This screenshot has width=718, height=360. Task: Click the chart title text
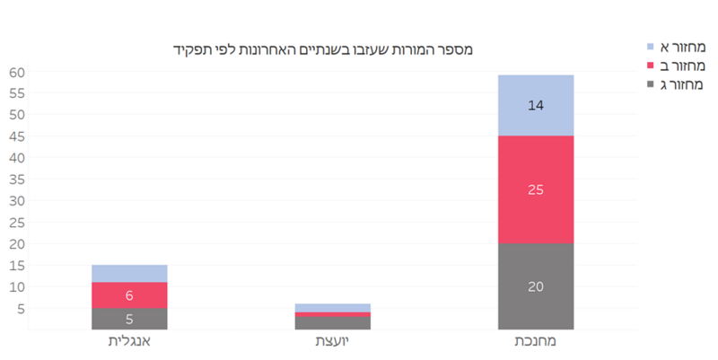coord(323,48)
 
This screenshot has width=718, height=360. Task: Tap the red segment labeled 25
coord(536,189)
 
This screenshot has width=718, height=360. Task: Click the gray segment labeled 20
coord(536,286)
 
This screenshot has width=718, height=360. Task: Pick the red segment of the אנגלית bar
coord(129,295)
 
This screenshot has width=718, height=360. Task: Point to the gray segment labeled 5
coord(129,319)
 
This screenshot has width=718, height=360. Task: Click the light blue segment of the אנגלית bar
coord(129,273)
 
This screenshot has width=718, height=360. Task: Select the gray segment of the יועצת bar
coord(333,323)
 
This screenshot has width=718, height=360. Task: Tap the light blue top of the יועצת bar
coord(333,307)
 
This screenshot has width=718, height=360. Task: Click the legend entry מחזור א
coord(678,46)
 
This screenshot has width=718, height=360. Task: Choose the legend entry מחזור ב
coord(678,65)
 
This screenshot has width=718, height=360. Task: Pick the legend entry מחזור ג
coord(678,84)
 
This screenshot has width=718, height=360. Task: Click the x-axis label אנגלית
coord(129,342)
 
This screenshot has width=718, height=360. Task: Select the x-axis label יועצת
coord(333,342)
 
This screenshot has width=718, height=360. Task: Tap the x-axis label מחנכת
coord(536,342)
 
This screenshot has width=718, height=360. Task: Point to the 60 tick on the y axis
coord(16,72)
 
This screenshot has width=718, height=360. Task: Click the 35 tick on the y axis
coord(16,180)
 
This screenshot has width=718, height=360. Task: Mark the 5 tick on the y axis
coord(20,309)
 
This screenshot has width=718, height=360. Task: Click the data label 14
coord(536,105)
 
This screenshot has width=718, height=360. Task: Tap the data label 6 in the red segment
coord(129,295)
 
